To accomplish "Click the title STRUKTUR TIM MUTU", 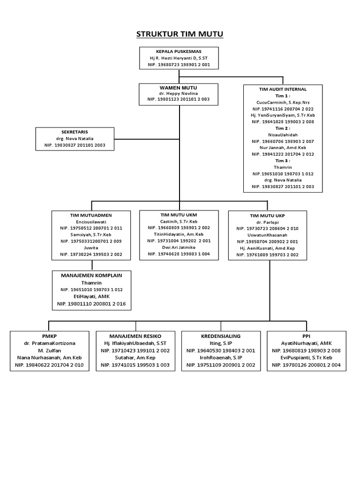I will pos(180,34).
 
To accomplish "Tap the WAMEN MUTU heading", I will pos(178,88).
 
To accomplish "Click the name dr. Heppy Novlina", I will pos(178,93).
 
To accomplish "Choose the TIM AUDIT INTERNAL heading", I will pos(283,89).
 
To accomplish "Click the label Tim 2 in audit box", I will pos(283,128).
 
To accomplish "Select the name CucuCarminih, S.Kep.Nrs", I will pos(283,102).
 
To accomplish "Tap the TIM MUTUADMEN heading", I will pos(91,215).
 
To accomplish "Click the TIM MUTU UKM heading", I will pos(178,215).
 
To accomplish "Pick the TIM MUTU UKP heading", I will pos(267,216).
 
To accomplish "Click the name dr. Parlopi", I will pos(267,222).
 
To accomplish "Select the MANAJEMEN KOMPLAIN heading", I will pos(91,276).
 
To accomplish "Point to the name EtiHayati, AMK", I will pos(91,297).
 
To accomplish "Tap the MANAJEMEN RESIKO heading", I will pos(135,336).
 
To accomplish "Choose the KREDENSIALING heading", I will pos(221,336).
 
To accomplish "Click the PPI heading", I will pos(306,336).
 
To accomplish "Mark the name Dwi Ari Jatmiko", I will pos(178,247).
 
